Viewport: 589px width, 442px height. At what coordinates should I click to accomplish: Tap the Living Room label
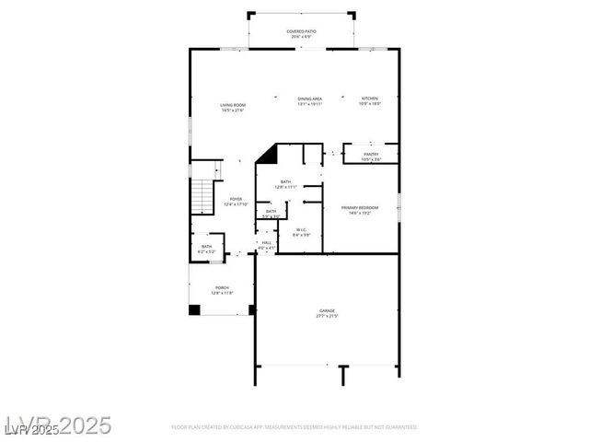coord(232,105)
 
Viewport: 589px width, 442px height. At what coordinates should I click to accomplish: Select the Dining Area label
coord(309,99)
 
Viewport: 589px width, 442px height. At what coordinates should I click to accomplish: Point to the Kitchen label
coord(369,99)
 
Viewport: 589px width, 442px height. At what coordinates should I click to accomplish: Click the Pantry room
coord(370,154)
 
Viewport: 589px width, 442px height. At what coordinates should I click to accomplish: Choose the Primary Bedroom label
coord(360,209)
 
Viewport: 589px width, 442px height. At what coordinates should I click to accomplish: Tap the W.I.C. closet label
coord(302,230)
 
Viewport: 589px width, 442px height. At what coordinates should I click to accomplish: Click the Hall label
coord(266,242)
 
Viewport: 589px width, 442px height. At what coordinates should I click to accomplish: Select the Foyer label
coord(236,200)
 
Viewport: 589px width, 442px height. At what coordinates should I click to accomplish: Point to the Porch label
coord(222,287)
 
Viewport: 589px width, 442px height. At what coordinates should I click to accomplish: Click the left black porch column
coord(194,309)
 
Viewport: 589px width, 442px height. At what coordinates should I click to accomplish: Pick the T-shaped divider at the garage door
coord(342,373)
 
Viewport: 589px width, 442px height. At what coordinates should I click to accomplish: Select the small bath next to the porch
coord(206,247)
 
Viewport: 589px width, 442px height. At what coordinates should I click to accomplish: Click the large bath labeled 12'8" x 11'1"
coord(286,184)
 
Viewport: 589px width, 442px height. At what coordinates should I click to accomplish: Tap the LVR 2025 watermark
coord(57,425)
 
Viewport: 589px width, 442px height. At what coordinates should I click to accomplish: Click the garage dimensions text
coord(327,317)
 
